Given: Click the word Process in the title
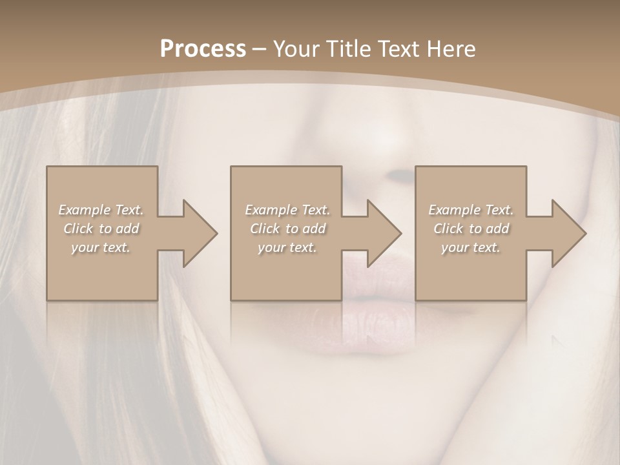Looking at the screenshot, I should pyautogui.click(x=203, y=49).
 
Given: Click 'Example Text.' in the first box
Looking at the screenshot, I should pyautogui.click(x=101, y=210).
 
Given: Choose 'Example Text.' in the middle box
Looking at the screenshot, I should pyautogui.click(x=287, y=210).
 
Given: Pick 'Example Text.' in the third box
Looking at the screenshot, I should pyautogui.click(x=471, y=210).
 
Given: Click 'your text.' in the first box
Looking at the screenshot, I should pyautogui.click(x=101, y=247).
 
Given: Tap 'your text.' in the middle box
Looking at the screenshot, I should pyautogui.click(x=287, y=247).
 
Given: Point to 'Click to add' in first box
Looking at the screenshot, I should pyautogui.click(x=101, y=229).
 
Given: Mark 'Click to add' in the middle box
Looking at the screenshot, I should pyautogui.click(x=287, y=229).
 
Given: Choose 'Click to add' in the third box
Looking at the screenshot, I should pyautogui.click(x=471, y=229).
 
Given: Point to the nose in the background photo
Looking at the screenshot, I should pyautogui.click(x=394, y=155).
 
